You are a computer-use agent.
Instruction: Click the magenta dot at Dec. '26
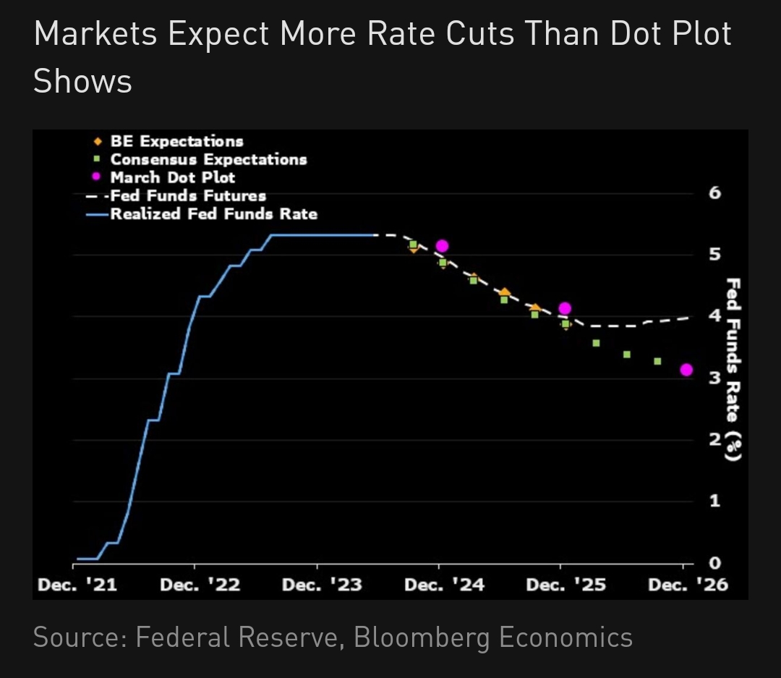click(686, 370)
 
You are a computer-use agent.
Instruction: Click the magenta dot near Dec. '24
click(442, 246)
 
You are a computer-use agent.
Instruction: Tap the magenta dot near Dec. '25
click(565, 308)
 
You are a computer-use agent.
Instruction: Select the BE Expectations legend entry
click(176, 141)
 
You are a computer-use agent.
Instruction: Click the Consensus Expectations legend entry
click(208, 159)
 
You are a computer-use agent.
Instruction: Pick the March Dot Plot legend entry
click(172, 177)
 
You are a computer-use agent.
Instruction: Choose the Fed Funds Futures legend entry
click(188, 195)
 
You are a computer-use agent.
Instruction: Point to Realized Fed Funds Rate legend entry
click(213, 214)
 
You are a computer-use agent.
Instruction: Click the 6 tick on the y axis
click(714, 192)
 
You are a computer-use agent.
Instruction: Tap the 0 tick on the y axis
click(714, 563)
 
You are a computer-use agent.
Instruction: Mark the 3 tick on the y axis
click(714, 378)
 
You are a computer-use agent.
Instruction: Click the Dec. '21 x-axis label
click(77, 585)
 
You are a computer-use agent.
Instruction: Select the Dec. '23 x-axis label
click(322, 585)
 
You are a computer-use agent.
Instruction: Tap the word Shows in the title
click(82, 81)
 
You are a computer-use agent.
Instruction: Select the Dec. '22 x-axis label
click(200, 585)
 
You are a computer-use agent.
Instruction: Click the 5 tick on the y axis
click(714, 254)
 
